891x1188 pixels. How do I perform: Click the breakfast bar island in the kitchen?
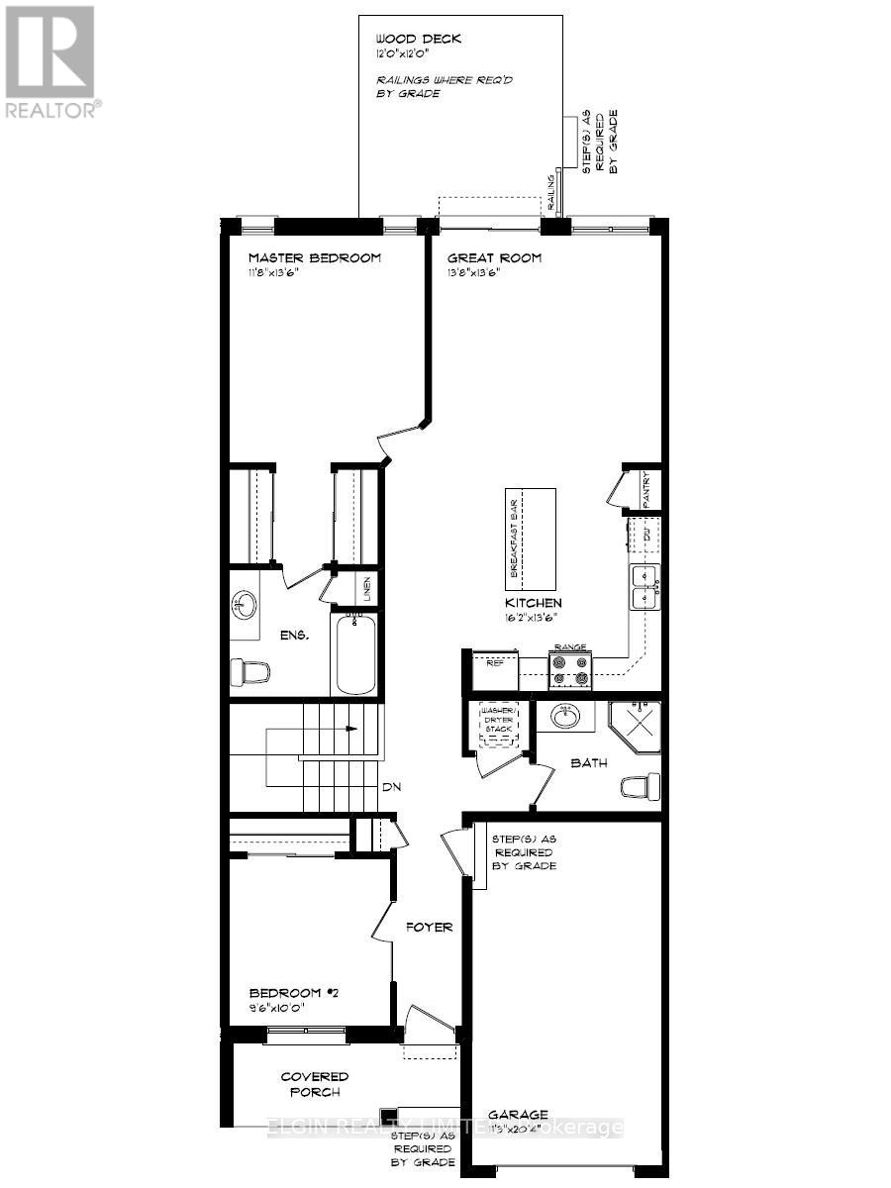click(x=530, y=539)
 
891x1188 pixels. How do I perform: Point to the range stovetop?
click(x=570, y=670)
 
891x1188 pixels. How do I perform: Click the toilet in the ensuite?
click(x=249, y=673)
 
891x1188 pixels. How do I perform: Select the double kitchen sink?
click(x=644, y=586)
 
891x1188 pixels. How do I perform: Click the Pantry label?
click(x=645, y=490)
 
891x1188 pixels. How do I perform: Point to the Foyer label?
click(x=429, y=928)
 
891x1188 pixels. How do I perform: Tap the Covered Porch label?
click(x=314, y=1084)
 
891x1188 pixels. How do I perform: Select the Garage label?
click(x=517, y=1115)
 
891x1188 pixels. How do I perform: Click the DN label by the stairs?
click(x=393, y=788)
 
